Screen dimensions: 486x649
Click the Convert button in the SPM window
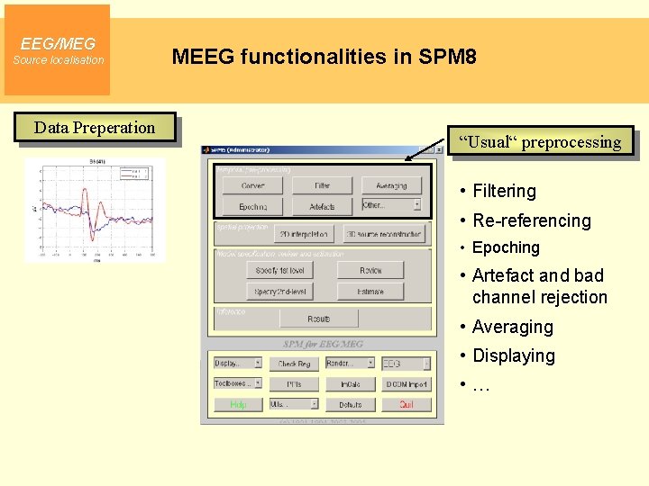253,185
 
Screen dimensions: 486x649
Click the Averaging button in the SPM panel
391,185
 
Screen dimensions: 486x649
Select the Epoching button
253,206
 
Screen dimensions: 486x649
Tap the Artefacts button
322,206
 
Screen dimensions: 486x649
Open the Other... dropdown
391,205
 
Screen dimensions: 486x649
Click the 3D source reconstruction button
383,234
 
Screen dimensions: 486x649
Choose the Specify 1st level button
279,270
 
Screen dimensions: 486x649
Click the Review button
370,270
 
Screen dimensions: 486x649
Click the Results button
318,319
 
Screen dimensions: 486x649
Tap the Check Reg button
294,364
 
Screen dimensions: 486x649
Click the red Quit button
407,405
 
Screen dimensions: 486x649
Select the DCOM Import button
407,384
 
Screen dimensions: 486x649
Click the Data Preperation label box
95,128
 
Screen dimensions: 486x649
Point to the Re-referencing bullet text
531,220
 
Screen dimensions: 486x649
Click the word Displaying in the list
513,355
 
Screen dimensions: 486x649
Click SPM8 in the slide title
447,58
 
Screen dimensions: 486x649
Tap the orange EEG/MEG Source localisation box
58,50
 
